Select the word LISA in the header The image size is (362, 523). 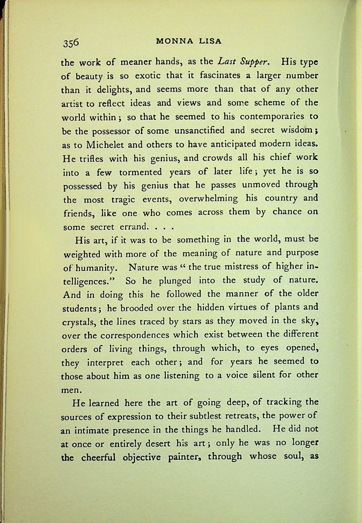tap(210, 42)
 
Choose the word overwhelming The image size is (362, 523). tap(208, 199)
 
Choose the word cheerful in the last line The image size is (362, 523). tap(98, 457)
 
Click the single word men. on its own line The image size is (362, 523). tap(71, 390)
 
